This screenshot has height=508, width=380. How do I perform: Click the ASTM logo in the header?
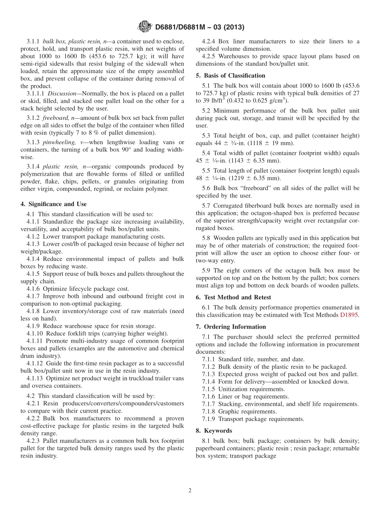click(x=144, y=27)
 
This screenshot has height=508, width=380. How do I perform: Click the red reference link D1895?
click(x=350, y=315)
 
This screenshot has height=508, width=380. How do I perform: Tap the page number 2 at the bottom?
click(x=190, y=490)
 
